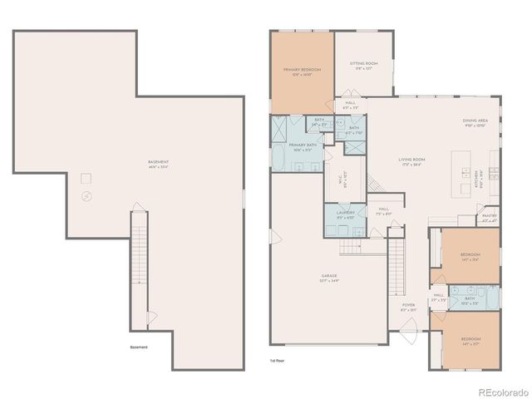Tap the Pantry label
490,219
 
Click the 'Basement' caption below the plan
139,347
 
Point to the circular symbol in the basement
88,196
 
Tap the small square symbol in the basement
85,178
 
